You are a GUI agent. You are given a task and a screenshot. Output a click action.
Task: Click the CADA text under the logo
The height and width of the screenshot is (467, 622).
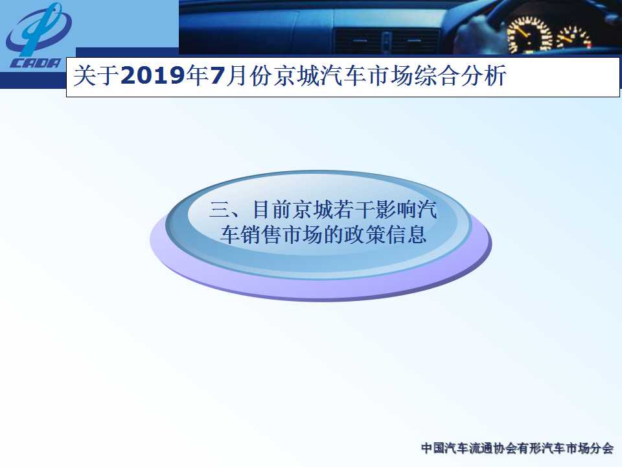(36, 64)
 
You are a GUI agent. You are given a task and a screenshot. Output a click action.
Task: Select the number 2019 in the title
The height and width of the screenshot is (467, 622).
(153, 75)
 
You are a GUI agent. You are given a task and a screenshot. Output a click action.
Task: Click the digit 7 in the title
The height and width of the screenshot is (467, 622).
(218, 75)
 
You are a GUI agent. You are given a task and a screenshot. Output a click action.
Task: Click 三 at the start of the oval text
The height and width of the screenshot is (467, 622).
(220, 210)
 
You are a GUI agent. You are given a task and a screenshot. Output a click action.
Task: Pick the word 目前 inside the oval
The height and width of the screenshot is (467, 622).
(272, 210)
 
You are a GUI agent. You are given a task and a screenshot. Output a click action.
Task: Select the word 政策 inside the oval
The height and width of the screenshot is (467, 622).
(365, 235)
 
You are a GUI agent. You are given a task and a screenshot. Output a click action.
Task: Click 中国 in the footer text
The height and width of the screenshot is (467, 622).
(433, 448)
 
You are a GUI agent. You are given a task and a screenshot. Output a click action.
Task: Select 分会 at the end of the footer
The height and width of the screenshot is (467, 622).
(602, 448)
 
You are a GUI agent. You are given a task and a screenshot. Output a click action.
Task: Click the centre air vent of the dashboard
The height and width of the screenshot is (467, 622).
(386, 40)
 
